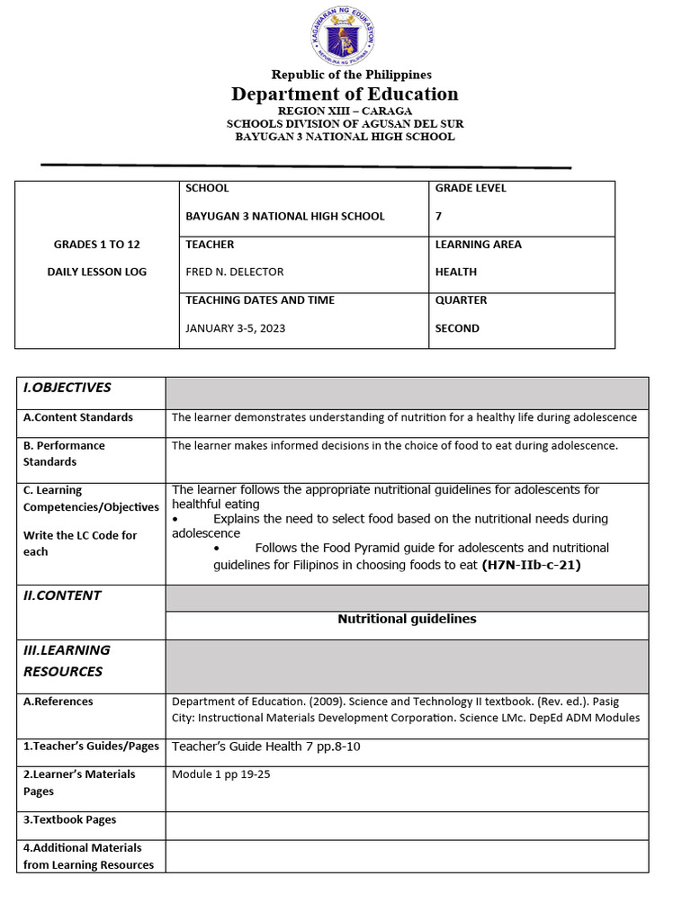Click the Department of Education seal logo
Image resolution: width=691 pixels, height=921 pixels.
pyautogui.click(x=345, y=36)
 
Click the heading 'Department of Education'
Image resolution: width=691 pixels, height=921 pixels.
pyautogui.click(x=345, y=94)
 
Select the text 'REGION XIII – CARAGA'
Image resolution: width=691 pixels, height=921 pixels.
pyautogui.click(x=345, y=110)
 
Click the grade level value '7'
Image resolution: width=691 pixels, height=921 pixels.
pyautogui.click(x=439, y=216)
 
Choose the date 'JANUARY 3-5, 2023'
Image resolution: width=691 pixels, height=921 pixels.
pyautogui.click(x=235, y=328)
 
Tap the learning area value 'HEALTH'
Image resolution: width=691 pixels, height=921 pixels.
pyautogui.click(x=456, y=272)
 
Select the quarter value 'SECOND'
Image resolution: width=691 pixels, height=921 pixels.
pyautogui.click(x=457, y=328)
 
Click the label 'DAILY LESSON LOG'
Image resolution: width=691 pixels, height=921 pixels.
pyautogui.click(x=97, y=272)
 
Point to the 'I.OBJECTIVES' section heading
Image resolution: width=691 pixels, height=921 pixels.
pyautogui.click(x=67, y=388)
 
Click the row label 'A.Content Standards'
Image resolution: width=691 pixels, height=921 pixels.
pyautogui.click(x=78, y=417)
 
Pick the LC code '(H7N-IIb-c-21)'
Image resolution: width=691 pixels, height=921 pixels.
pyautogui.click(x=532, y=565)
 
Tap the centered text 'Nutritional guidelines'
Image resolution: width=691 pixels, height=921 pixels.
pyautogui.click(x=407, y=619)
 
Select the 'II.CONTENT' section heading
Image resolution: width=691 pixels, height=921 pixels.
pyautogui.click(x=62, y=595)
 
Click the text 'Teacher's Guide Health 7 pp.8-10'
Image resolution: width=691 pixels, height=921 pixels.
pyautogui.click(x=266, y=747)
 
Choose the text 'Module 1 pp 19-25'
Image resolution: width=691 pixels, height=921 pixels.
pyautogui.click(x=221, y=774)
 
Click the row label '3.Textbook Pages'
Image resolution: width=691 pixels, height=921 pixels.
pyautogui.click(x=69, y=819)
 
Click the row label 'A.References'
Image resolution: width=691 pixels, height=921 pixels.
pyautogui.click(x=58, y=702)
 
